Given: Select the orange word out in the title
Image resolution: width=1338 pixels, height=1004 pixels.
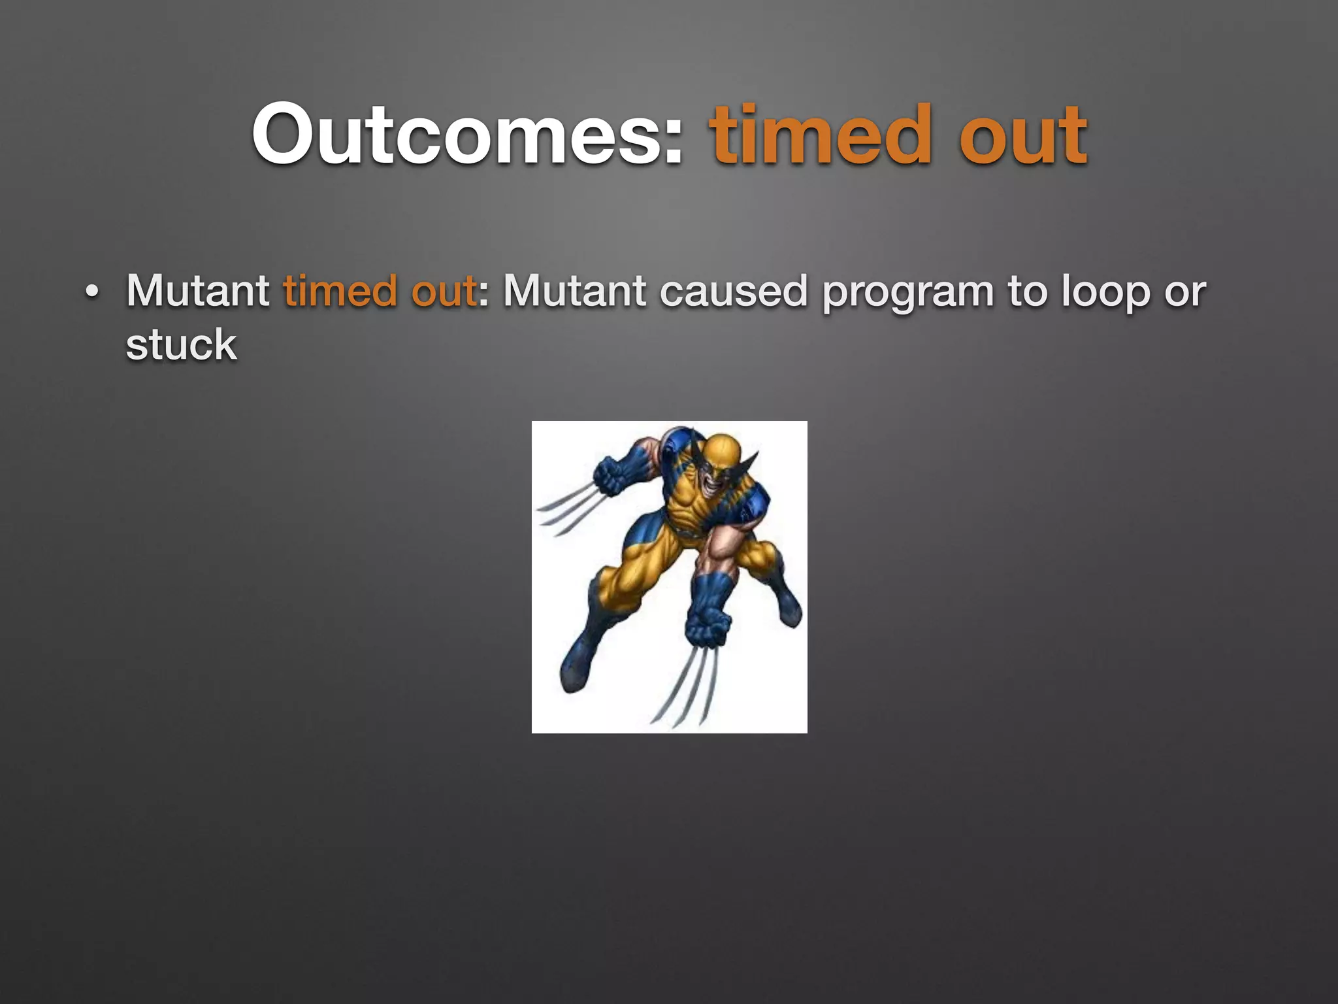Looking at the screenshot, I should (x=1022, y=135).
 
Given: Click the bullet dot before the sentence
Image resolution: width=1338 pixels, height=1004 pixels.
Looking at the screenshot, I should (x=92, y=292).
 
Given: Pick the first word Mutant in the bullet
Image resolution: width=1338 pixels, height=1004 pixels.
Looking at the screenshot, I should (x=197, y=290).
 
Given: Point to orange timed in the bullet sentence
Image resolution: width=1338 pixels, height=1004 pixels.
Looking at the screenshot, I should (x=340, y=290).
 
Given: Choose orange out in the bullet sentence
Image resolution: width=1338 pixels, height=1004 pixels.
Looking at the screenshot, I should (x=444, y=290).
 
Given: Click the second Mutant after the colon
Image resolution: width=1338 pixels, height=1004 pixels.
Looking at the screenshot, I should (x=574, y=290).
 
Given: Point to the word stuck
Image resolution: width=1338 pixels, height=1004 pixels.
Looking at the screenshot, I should (x=181, y=344).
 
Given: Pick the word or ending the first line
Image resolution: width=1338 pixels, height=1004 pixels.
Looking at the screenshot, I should (x=1185, y=292).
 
